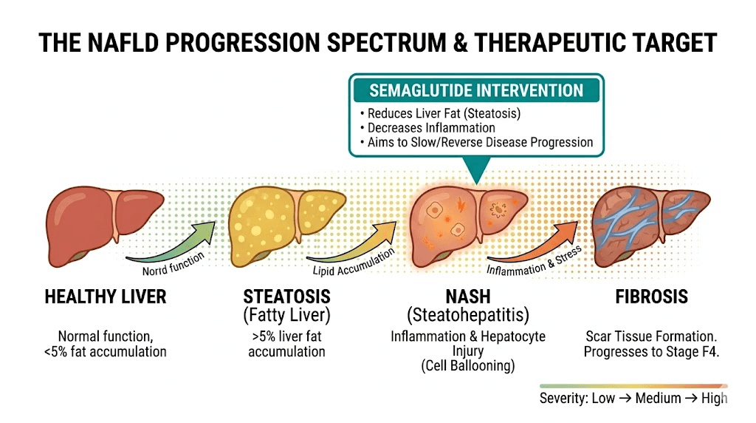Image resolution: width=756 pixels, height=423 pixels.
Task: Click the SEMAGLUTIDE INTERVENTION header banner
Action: pos(476,91)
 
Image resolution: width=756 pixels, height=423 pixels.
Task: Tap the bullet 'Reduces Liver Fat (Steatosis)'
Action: pos(439,114)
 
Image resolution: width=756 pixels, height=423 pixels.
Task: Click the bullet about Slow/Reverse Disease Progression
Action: pos(476,142)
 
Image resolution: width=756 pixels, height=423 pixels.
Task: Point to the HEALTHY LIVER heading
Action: pos(106,297)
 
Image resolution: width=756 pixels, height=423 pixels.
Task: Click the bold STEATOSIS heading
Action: pos(286,297)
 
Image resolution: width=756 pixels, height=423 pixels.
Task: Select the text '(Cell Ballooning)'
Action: pos(467,366)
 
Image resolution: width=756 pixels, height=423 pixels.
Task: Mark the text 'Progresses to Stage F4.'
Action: pos(651,351)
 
